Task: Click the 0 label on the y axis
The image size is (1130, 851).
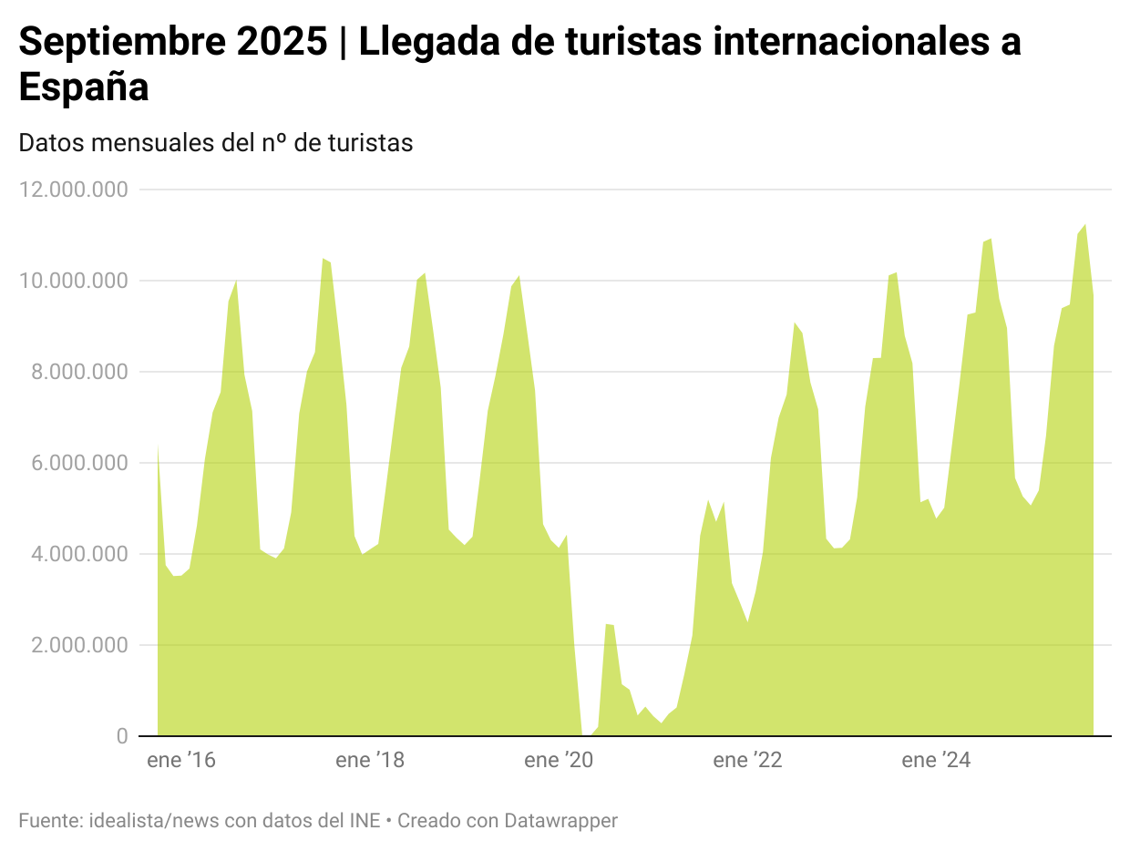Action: tap(122, 736)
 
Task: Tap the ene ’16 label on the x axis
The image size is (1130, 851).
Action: tap(181, 761)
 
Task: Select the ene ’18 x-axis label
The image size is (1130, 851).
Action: tap(370, 761)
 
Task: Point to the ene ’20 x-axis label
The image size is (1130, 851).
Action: tap(559, 761)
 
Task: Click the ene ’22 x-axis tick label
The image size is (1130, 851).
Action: tap(747, 761)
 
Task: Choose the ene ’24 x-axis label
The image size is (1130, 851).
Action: tap(936, 761)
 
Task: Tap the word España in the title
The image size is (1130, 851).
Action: tap(84, 87)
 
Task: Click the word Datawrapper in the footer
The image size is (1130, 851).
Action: tap(560, 821)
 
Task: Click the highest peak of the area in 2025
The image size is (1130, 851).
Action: tap(1084, 225)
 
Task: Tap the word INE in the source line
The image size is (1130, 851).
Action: tap(365, 821)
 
